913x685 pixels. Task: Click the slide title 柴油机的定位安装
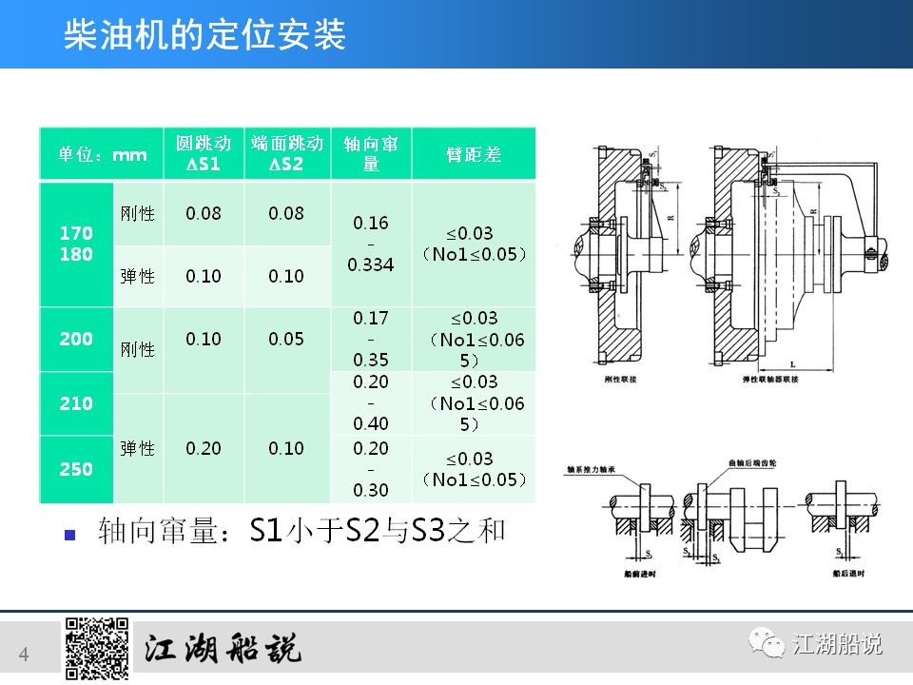(x=204, y=36)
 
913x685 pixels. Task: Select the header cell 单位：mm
(x=102, y=154)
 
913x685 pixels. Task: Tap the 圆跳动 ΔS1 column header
(x=204, y=154)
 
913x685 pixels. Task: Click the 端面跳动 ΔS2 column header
(x=286, y=154)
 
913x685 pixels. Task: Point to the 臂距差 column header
(x=474, y=154)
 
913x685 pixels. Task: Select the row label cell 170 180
(x=76, y=244)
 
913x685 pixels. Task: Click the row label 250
(x=76, y=469)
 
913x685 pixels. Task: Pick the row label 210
(x=76, y=403)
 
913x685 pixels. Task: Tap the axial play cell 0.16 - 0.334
(x=371, y=244)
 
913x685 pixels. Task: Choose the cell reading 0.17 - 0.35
(x=371, y=339)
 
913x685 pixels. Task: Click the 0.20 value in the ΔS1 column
(x=204, y=448)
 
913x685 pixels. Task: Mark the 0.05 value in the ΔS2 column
(x=286, y=339)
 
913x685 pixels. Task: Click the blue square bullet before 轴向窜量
(x=68, y=534)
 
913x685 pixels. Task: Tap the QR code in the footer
(x=97, y=649)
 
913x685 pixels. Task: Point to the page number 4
(x=24, y=654)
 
